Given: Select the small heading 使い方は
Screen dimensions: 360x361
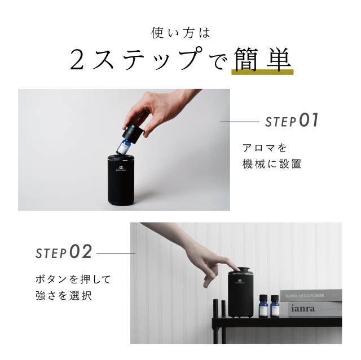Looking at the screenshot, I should pos(180,33).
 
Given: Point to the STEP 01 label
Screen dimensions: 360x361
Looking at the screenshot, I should pos(292,121).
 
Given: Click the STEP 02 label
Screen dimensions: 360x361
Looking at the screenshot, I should pos(64,252).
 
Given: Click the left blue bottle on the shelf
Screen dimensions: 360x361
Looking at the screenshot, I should pos(263,307).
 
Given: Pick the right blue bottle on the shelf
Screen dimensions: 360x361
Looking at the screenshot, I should pos(275,307).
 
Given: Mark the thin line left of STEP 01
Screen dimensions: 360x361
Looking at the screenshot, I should pos(239,121).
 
